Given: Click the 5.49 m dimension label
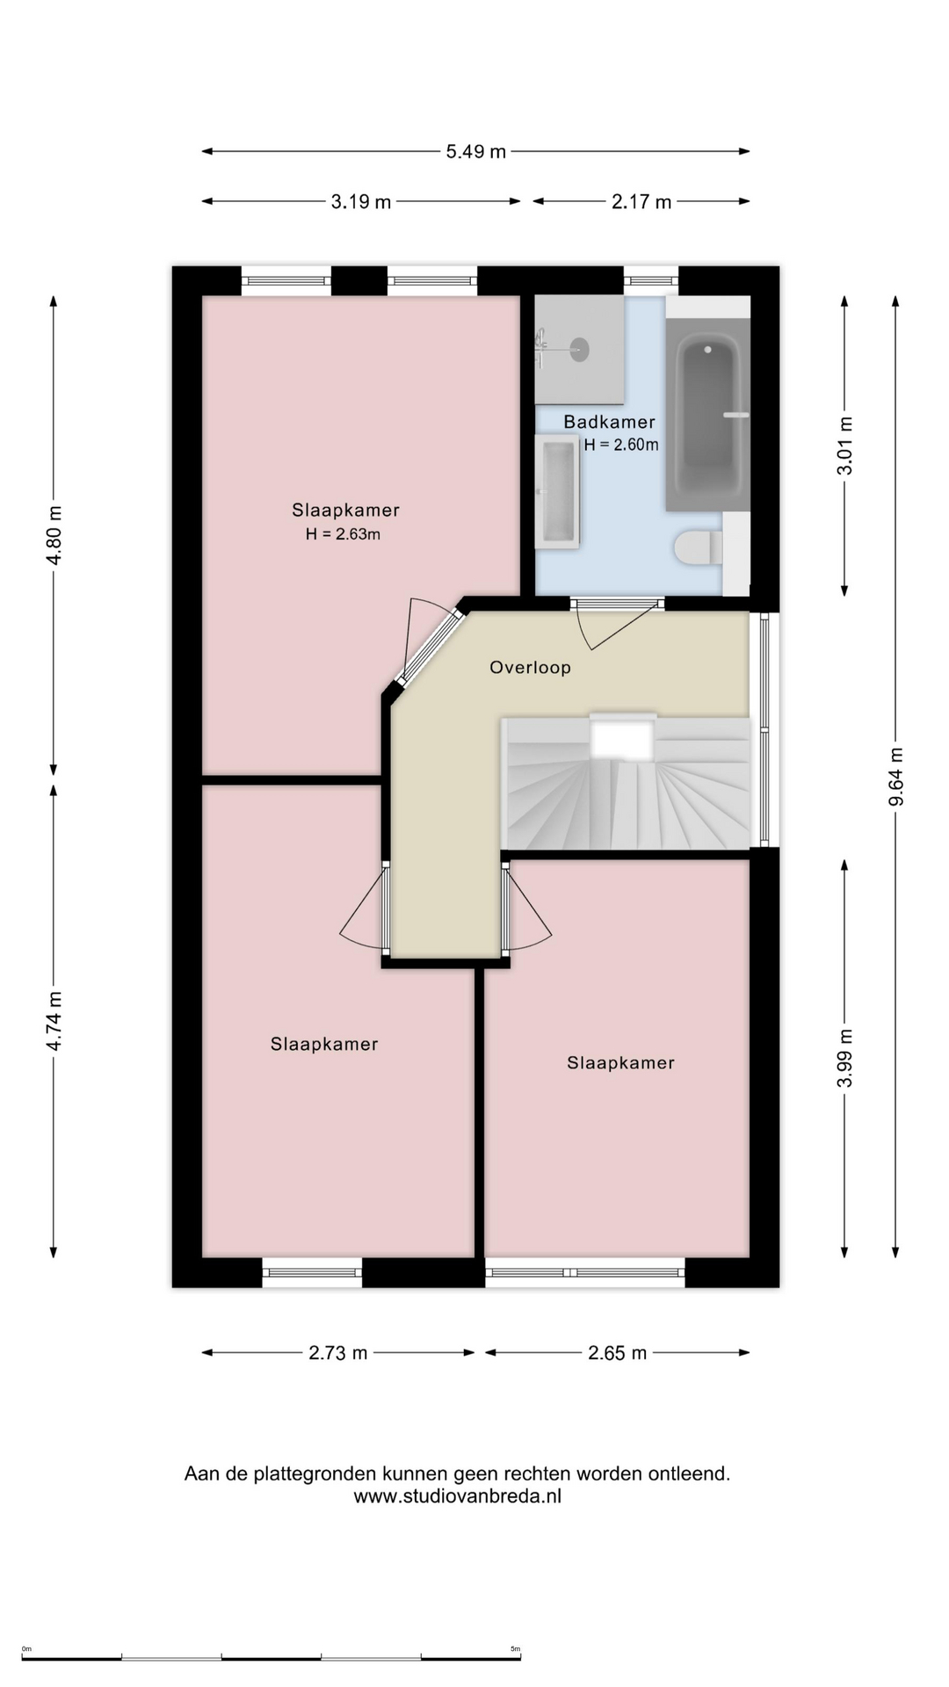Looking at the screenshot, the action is tap(475, 151).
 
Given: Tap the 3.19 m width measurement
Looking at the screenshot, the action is tap(360, 201).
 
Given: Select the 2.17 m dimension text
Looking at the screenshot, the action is tap(641, 201).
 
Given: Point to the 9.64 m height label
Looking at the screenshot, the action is tap(895, 777).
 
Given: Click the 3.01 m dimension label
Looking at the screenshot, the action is tap(844, 445).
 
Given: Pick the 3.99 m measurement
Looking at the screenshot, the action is tap(844, 1058).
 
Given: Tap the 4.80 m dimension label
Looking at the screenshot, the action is tap(54, 535).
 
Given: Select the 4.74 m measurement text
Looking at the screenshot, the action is tap(54, 1021).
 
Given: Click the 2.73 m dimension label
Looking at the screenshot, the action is tap(338, 1352).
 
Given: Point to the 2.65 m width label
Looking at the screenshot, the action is tap(617, 1352).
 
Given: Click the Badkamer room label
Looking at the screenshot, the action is tap(609, 422).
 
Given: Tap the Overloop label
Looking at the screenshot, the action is tap(531, 667).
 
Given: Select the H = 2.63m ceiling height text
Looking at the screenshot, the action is tap(343, 533).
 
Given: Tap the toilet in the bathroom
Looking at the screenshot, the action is tap(699, 547).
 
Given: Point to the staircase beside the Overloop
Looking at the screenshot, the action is tap(627, 783).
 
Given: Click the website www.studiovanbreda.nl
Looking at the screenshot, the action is tap(458, 1495).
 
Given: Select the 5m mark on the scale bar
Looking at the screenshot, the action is tap(516, 1648).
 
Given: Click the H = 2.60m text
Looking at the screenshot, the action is tap(621, 445).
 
